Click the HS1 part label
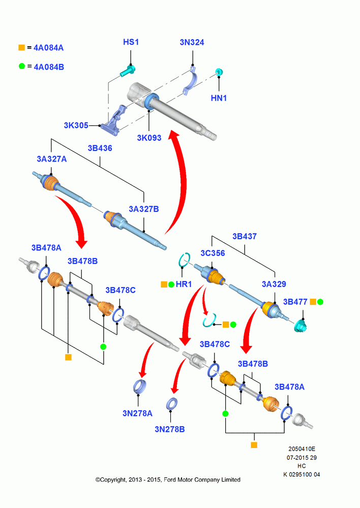click(x=131, y=42)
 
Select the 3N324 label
click(x=192, y=43)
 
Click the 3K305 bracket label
click(x=76, y=125)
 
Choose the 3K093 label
click(x=149, y=138)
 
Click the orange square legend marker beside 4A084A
click(x=22, y=48)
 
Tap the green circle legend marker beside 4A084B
click(x=22, y=67)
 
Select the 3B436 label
click(x=100, y=148)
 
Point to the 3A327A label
click(x=51, y=158)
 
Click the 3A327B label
click(x=144, y=209)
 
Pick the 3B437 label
click(x=245, y=237)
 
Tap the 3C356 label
click(x=213, y=253)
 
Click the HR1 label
click(x=184, y=284)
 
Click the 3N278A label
click(x=137, y=414)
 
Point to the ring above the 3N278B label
click(x=171, y=404)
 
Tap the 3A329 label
click(x=274, y=284)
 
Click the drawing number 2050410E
click(x=302, y=449)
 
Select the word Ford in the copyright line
click(x=170, y=480)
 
